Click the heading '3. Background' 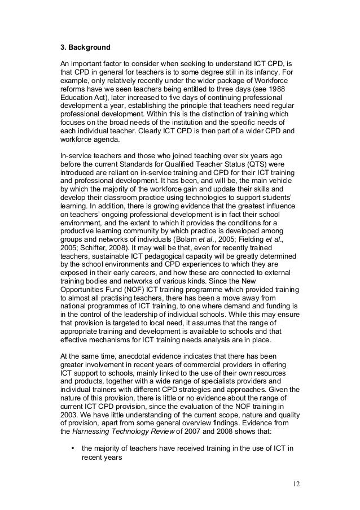pos(86,48)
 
